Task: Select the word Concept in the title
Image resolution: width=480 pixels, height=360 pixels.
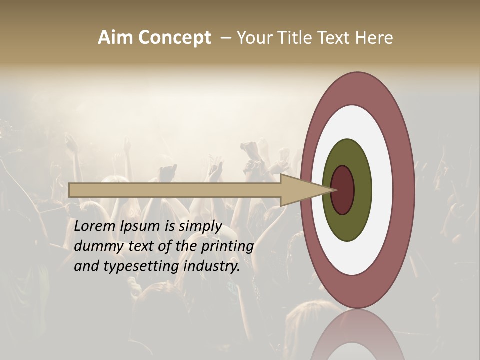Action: (x=174, y=38)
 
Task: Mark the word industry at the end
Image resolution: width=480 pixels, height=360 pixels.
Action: (x=212, y=267)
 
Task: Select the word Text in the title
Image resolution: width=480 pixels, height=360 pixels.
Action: (x=334, y=38)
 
